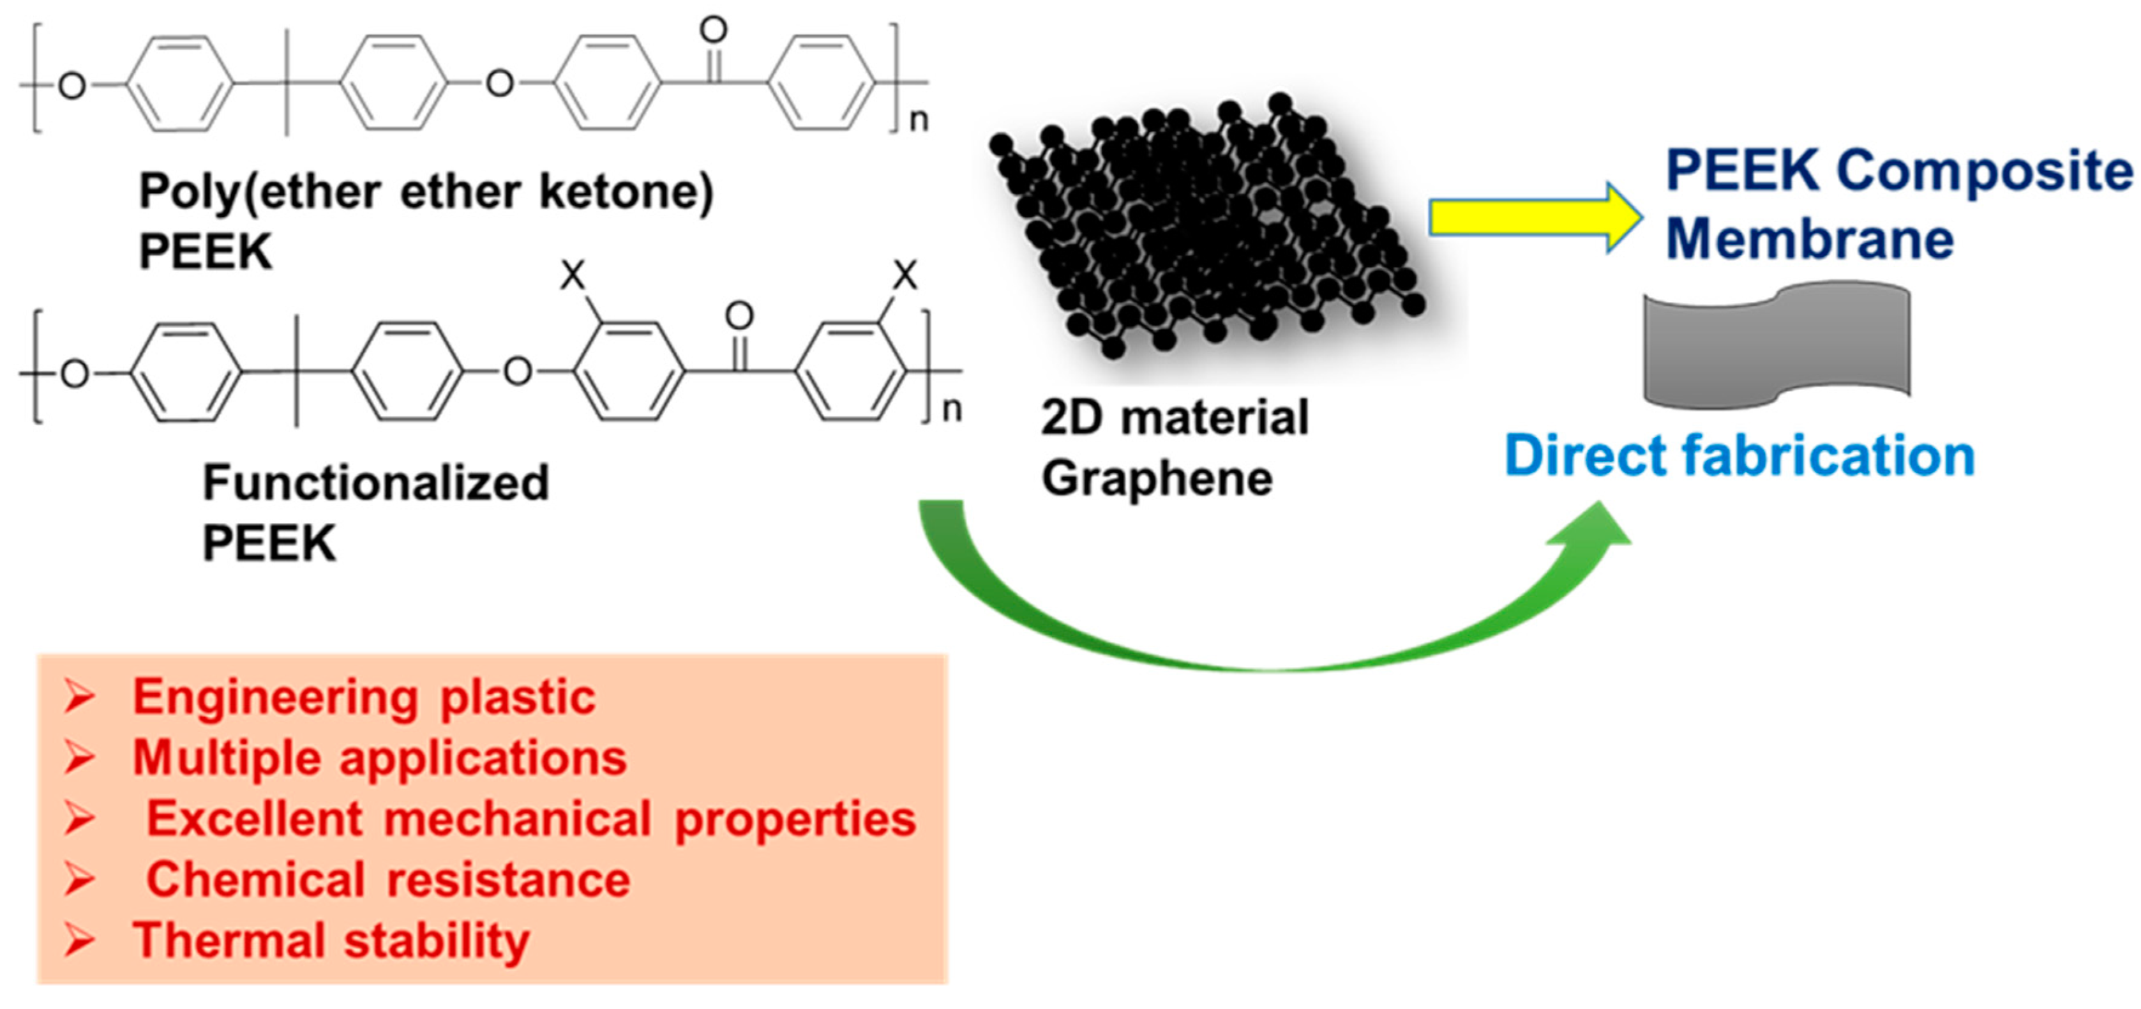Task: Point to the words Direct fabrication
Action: [x=1739, y=457]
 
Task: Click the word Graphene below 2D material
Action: [x=1156, y=479]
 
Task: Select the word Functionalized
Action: [x=376, y=483]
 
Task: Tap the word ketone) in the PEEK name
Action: [x=626, y=192]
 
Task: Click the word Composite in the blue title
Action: [x=1984, y=171]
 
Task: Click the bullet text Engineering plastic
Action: [x=364, y=697]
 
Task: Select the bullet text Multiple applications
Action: [x=379, y=758]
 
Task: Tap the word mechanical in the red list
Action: [x=517, y=819]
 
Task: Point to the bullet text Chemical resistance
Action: [x=387, y=879]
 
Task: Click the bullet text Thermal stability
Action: [x=331, y=941]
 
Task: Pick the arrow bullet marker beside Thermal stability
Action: [x=80, y=941]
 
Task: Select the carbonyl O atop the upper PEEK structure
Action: [x=713, y=31]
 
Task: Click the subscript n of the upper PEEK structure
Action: [x=919, y=121]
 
